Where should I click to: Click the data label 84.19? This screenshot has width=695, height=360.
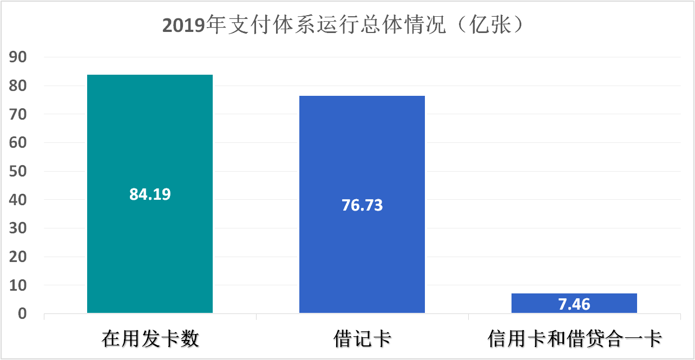coord(150,194)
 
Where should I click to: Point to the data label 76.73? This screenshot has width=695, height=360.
coord(362,206)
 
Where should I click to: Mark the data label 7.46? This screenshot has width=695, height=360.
coord(574,304)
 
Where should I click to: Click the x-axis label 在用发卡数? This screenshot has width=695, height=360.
coord(150,339)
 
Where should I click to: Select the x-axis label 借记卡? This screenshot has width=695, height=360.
coord(362,339)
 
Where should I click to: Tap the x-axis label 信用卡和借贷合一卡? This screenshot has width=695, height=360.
coord(574,339)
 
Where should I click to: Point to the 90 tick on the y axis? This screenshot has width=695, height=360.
coord(22,57)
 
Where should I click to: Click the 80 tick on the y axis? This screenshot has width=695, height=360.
coord(22,86)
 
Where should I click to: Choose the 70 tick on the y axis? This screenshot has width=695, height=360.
coord(22,114)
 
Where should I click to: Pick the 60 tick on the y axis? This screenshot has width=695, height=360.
coord(22,143)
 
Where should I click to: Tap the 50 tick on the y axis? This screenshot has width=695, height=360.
coord(22,172)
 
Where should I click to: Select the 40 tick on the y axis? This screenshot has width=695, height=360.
coord(22,200)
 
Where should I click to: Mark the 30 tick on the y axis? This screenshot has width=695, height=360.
coord(22,228)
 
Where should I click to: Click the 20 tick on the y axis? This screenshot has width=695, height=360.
coord(22,257)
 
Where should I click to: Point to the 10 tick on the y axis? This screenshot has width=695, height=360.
coord(22,285)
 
